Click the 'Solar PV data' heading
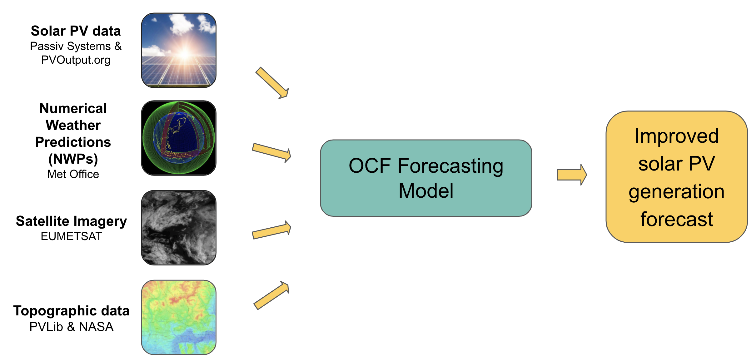[76, 31]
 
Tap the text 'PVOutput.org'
[76, 60]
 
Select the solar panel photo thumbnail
[179, 50]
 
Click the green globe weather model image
[179, 138]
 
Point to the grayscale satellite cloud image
[179, 228]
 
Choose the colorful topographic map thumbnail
[179, 317]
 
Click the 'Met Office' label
[73, 174]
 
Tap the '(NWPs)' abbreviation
[73, 159]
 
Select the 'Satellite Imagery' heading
[72, 221]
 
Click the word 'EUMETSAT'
[72, 236]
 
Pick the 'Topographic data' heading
[71, 311]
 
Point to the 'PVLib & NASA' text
[71, 327]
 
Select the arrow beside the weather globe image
[271, 152]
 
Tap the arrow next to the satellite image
[271, 230]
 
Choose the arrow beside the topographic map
[271, 295]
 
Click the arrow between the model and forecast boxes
[572, 175]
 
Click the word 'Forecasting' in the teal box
[450, 166]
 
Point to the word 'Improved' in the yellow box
[677, 136]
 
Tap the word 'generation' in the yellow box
[677, 192]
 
